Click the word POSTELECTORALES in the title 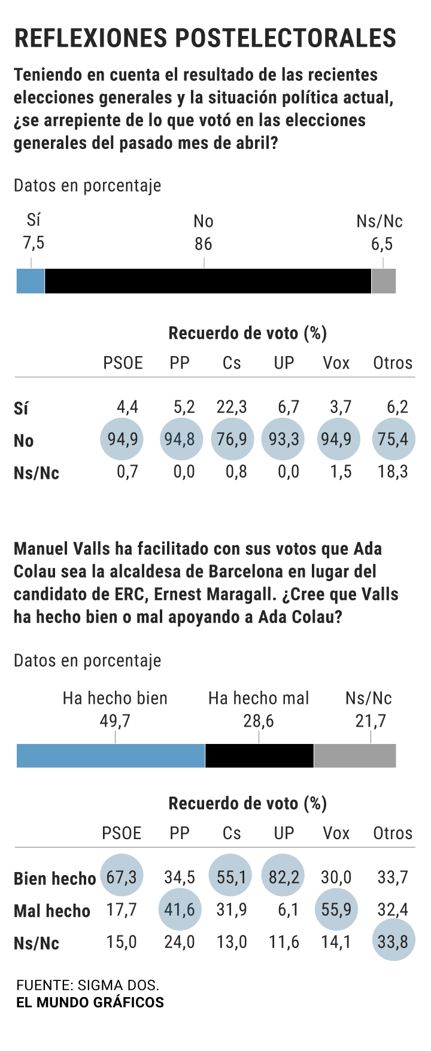286,38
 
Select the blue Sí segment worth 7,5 31,281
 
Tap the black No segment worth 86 208,281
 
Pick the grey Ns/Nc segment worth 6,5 383,281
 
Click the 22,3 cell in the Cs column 232,408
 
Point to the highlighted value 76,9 232,439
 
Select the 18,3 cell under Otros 393,472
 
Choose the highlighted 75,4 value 393,439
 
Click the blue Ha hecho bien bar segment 111,755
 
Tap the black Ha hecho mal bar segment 259,755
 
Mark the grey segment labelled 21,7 354,755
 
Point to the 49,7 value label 115,721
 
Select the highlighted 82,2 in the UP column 284,877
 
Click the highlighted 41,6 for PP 180,910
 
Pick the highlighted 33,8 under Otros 393,942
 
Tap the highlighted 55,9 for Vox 336,910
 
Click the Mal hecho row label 52,911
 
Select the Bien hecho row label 54,879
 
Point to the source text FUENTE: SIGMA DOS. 88,985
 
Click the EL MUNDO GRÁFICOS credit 90,1003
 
